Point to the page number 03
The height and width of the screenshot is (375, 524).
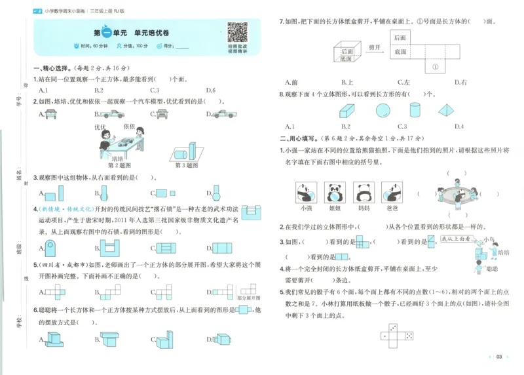pyautogui.click(x=498, y=357)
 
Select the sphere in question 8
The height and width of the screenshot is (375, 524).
pyautogui.click(x=383, y=110)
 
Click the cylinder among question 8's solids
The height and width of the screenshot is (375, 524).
pyautogui.click(x=415, y=109)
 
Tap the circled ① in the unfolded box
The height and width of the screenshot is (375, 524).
pyautogui.click(x=434, y=66)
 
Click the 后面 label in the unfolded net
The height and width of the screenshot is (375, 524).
pyautogui.click(x=401, y=37)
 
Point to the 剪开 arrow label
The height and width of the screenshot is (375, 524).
pyautogui.click(x=375, y=47)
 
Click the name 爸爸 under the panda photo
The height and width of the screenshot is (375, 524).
pyautogui.click(x=392, y=208)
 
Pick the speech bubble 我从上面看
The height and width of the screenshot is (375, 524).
pyautogui.click(x=457, y=241)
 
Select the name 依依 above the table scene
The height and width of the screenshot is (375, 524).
pyautogui.click(x=128, y=127)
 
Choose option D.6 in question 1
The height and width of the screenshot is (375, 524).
pyautogui.click(x=210, y=90)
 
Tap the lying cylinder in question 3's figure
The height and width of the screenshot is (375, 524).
pyautogui.click(x=181, y=153)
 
